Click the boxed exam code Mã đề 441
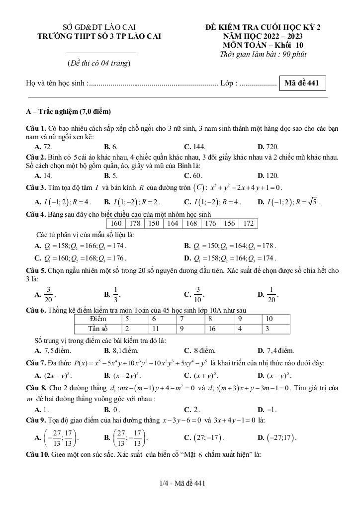pos(302,83)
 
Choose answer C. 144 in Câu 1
pos(194,147)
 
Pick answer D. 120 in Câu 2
pos(268,175)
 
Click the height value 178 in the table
pos(135,224)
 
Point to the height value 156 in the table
pos(229,224)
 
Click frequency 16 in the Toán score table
pos(212,329)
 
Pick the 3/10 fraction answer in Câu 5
pos(194,294)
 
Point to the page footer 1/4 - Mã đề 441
pos(180,483)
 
